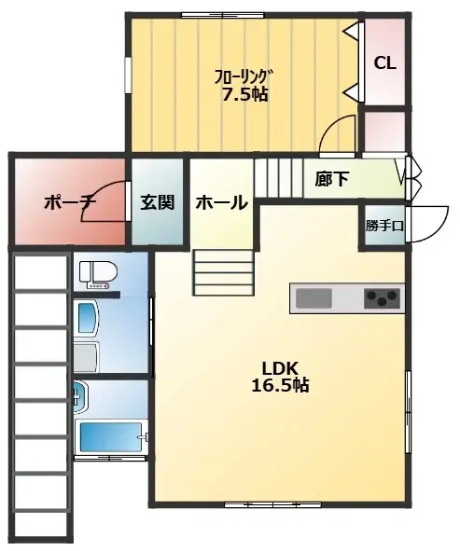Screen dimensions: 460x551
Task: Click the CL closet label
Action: [384, 63]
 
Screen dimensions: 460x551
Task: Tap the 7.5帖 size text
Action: [244, 94]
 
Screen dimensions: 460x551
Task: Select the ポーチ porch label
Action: [71, 203]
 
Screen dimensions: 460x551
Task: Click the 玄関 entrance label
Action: [158, 202]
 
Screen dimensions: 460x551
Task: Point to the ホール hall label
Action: [222, 202]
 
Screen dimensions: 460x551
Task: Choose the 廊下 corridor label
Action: [331, 179]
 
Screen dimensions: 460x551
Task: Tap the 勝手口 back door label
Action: [384, 226]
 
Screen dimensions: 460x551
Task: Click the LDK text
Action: [280, 368]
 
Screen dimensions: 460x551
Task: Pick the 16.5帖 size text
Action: [280, 385]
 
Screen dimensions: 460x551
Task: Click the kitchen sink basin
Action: [314, 298]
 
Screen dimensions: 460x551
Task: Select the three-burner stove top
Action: [382, 298]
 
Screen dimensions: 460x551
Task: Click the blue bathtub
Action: [111, 437]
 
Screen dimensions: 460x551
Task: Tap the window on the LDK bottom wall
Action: [272, 505]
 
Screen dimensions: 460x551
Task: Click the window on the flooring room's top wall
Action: [223, 15]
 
